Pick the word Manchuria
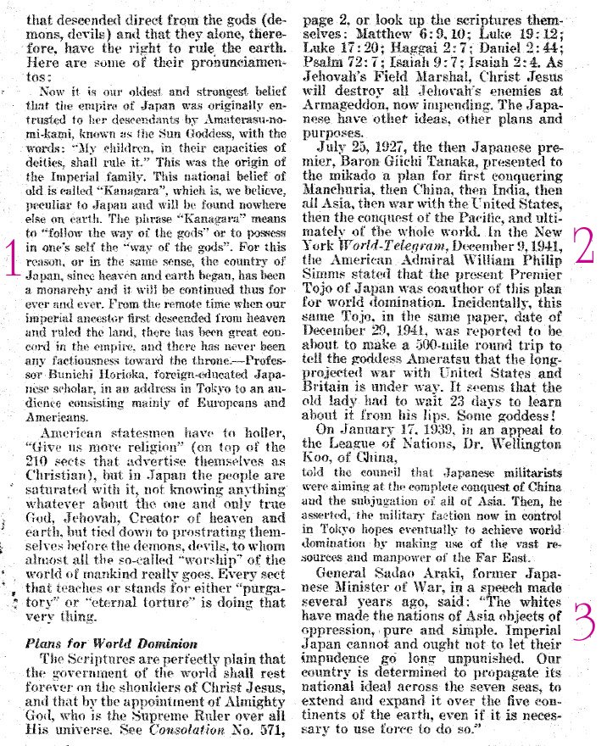341,205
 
